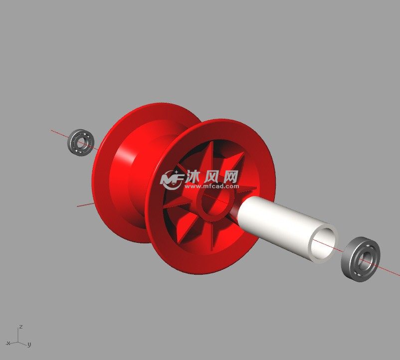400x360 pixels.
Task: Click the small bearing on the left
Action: [x=81, y=142]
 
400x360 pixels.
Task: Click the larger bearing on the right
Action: [x=361, y=259]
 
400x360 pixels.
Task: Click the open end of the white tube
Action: [x=323, y=243]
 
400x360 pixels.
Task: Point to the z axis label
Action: [x=21, y=327]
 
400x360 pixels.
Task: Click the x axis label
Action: [x=8, y=343]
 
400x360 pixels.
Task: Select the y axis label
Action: [x=29, y=345]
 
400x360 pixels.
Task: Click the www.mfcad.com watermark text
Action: [x=212, y=186]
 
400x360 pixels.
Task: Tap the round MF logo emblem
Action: [x=172, y=180]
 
